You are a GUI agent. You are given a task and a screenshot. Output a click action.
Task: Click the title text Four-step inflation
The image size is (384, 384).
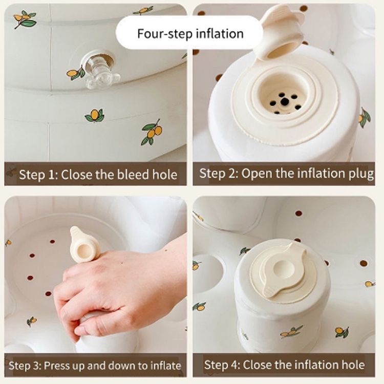(x=190, y=34)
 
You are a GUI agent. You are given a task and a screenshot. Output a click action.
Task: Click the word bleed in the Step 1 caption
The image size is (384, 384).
(x=133, y=175)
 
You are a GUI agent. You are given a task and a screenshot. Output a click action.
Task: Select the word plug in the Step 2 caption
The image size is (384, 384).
(x=361, y=175)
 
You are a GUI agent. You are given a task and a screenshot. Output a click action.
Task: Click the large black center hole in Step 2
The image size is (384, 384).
(x=284, y=101)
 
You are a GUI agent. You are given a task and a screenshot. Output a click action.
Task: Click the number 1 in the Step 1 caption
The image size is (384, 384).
(x=54, y=175)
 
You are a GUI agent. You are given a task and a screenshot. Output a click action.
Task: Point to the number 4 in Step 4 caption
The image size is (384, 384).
(x=234, y=365)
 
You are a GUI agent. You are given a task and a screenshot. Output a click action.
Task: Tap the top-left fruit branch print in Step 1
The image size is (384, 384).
(x=25, y=18)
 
